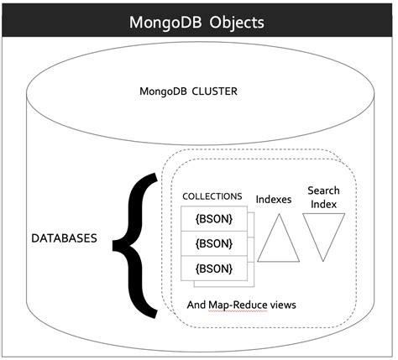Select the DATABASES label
click(x=64, y=238)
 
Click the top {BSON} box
click(x=214, y=219)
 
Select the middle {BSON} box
click(x=214, y=244)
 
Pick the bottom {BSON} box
click(x=214, y=269)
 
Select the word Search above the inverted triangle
click(x=324, y=190)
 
